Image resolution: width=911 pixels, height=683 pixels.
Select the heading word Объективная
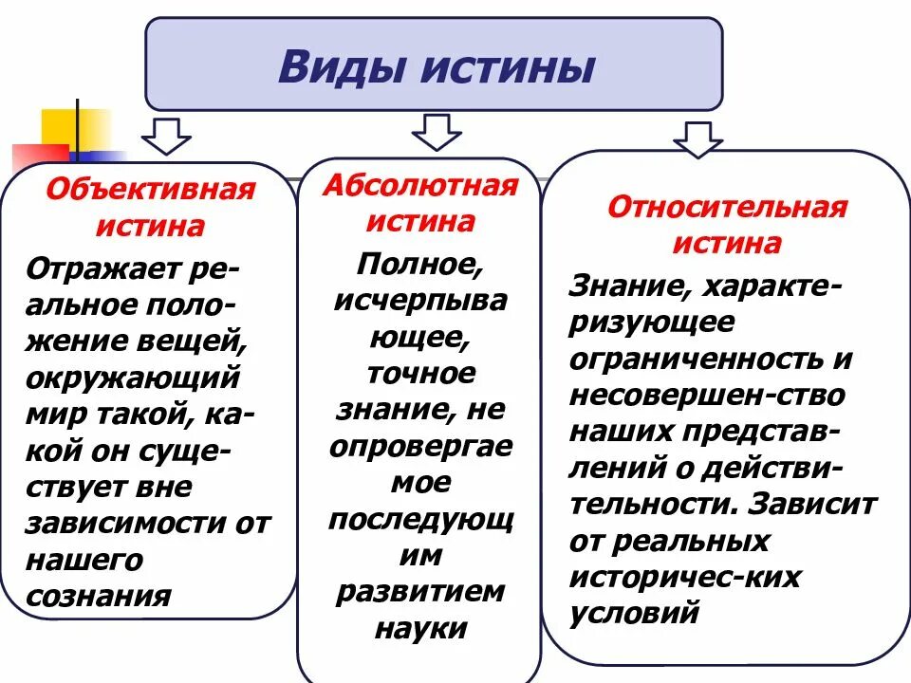pos(152,190)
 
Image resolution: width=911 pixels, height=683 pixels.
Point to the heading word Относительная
pos(727,208)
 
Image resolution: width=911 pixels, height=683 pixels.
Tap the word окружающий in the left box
pos(132,378)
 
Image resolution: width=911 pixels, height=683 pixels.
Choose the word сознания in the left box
pos(100,596)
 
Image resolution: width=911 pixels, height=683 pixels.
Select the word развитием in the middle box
pos(420,590)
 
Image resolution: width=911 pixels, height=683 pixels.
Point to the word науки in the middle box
pos(420,627)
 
